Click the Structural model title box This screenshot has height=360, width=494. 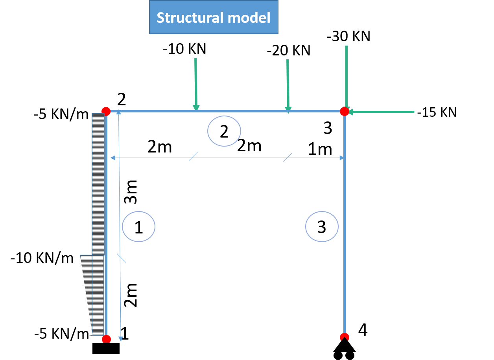click(214, 17)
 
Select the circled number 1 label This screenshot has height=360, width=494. click(138, 227)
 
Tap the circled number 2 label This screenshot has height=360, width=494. click(224, 131)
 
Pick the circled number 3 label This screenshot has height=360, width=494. click(322, 226)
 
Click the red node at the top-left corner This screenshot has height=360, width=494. click(106, 111)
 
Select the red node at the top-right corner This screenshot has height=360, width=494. click(344, 112)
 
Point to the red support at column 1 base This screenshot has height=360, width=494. click(106, 338)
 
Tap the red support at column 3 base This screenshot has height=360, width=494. click(344, 337)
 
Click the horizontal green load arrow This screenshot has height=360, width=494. click(382, 112)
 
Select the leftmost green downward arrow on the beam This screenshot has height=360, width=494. click(195, 84)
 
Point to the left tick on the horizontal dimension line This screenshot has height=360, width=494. click(193, 156)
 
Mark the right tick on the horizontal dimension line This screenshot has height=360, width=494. click(288, 157)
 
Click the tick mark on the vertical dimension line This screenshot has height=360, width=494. click(121, 258)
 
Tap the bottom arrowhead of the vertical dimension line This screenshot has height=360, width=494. click(121, 338)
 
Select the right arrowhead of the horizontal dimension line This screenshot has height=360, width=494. click(342, 158)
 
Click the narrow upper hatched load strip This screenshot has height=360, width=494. click(98, 184)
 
